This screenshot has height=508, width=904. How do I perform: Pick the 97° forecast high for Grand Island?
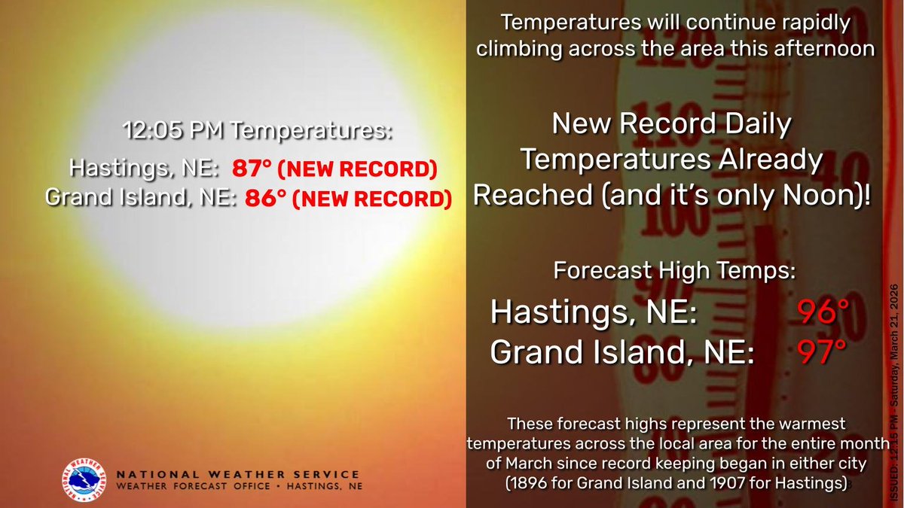click(819, 351)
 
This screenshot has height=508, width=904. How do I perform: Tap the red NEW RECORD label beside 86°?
click(371, 199)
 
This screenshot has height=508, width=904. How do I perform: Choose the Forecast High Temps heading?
click(674, 270)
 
